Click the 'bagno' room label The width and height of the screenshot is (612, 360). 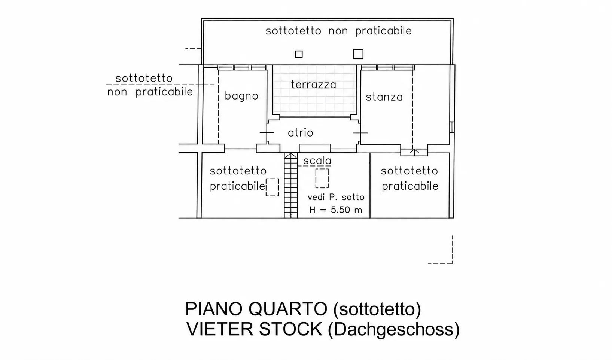click(x=241, y=96)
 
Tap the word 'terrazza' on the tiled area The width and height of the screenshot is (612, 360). click(x=313, y=85)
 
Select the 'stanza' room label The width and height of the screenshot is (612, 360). click(x=384, y=97)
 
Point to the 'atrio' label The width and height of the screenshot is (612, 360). click(x=301, y=133)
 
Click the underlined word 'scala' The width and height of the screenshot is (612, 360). click(x=317, y=161)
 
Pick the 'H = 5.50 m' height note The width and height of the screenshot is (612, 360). click(x=336, y=210)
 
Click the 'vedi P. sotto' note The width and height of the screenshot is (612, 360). click(x=336, y=197)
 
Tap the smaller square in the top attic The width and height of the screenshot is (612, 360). click(x=299, y=54)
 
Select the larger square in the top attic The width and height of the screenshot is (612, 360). click(x=358, y=54)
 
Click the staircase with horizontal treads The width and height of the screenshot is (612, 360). click(x=291, y=186)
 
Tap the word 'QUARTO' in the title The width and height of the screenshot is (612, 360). click(x=288, y=309)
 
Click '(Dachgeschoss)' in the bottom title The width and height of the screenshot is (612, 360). click(x=394, y=330)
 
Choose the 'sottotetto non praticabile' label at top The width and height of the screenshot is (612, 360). click(x=338, y=31)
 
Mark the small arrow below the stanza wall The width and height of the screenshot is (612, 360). click(x=414, y=152)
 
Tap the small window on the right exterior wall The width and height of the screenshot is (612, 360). click(x=452, y=127)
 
